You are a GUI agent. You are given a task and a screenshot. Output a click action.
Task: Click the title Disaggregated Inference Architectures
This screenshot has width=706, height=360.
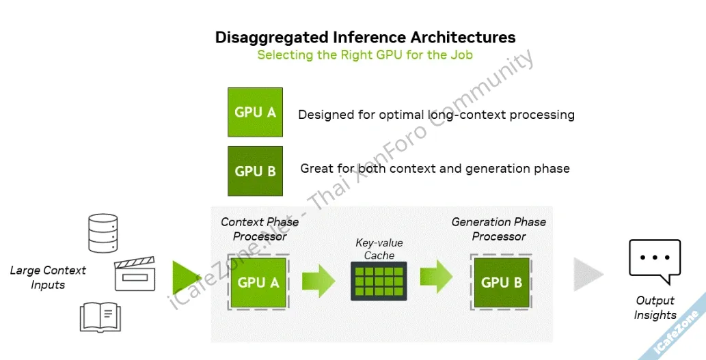pos(365,37)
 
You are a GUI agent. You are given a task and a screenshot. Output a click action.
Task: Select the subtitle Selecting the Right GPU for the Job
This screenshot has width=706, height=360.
pos(365,55)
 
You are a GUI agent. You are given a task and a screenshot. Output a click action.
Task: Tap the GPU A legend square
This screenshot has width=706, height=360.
pos(255,112)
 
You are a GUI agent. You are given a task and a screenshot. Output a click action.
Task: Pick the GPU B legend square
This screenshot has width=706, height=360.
pos(255,171)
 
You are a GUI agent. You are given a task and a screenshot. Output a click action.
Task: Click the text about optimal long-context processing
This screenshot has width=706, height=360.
pos(436,115)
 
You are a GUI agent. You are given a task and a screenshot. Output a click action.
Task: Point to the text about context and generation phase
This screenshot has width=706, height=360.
pos(435,168)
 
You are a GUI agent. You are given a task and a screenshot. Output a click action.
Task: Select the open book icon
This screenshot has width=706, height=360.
pos(100,317)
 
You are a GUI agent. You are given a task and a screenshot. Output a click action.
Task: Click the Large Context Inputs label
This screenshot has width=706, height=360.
pos(48,277)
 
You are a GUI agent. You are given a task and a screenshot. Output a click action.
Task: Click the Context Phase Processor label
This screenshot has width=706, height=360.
pos(260,229)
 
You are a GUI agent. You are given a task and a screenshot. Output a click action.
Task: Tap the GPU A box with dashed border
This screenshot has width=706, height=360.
pos(258,282)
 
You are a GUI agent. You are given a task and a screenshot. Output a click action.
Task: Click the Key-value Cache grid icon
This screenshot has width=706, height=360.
pos(379,281)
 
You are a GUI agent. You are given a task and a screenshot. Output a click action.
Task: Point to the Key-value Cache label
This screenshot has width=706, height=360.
pos(379,249)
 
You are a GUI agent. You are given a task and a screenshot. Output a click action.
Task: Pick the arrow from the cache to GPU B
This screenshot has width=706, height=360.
pos(436,277)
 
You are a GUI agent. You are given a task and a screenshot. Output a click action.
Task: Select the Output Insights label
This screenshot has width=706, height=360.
pos(655,307)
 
